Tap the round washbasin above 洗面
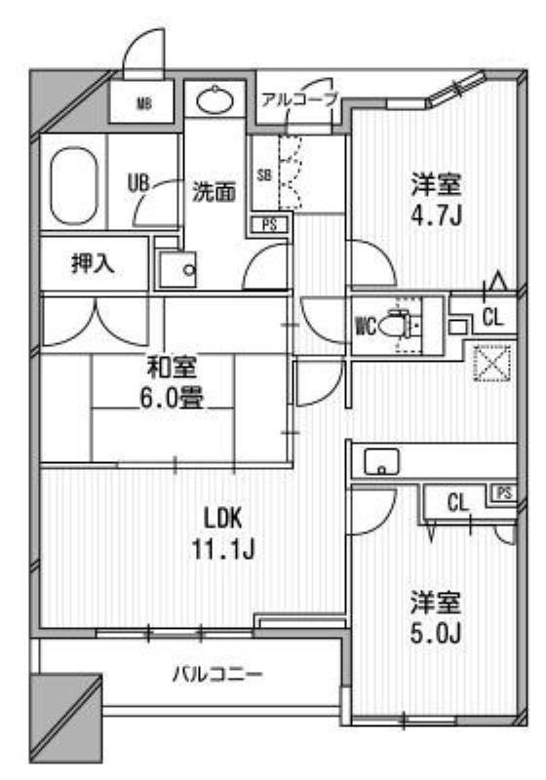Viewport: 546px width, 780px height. (x=214, y=100)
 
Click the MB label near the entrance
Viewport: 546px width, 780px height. (x=144, y=104)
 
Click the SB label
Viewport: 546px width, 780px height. (x=264, y=175)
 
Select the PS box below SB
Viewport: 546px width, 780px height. (x=269, y=225)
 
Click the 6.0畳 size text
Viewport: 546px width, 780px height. (x=172, y=398)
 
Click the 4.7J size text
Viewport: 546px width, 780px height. (x=437, y=215)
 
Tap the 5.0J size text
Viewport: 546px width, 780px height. (x=436, y=633)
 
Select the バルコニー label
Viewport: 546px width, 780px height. (x=217, y=675)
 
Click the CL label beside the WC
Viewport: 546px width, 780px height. (x=492, y=317)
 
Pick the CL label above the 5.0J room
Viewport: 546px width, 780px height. (x=458, y=503)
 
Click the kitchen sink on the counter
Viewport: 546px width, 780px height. (x=381, y=461)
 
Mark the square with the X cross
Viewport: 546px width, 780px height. (x=490, y=362)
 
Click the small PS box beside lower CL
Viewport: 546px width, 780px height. (x=504, y=493)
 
